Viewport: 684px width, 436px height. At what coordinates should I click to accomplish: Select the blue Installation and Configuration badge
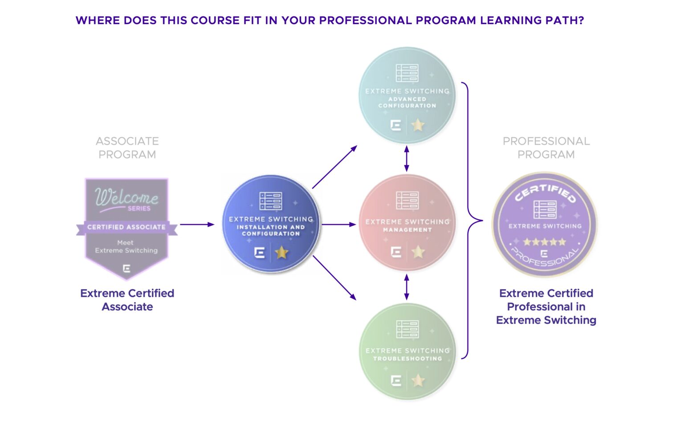tap(271, 224)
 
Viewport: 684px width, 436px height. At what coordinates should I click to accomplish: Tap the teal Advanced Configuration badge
tap(407, 95)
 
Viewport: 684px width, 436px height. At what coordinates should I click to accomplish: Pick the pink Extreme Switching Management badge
tap(407, 222)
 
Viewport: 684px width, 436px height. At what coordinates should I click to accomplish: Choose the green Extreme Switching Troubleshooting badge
tap(407, 351)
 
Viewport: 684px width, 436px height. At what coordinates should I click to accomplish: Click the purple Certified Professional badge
tap(545, 225)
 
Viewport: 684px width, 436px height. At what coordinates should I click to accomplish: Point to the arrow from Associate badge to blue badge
tap(197, 224)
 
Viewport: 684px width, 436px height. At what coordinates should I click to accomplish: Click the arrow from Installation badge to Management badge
tap(338, 224)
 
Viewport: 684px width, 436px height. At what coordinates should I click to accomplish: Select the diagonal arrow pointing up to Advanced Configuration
tap(334, 167)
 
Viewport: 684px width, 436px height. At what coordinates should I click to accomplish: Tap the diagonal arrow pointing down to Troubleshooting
tap(334, 278)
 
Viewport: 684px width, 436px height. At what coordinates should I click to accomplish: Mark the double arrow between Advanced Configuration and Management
tap(406, 159)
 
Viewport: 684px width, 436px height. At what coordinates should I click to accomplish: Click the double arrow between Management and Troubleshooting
tap(406, 287)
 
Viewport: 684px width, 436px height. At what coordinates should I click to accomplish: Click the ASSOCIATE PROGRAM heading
tap(127, 148)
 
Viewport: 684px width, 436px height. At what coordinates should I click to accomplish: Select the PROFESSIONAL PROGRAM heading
tap(546, 148)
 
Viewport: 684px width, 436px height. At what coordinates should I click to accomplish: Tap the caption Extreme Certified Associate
tap(127, 300)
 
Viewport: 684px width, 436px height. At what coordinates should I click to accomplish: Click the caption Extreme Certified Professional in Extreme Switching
tap(546, 307)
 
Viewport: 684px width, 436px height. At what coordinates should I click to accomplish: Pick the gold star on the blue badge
tap(281, 253)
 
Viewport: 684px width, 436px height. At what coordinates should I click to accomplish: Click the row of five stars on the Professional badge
tap(544, 242)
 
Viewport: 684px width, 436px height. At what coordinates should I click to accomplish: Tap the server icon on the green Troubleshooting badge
tap(407, 329)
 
